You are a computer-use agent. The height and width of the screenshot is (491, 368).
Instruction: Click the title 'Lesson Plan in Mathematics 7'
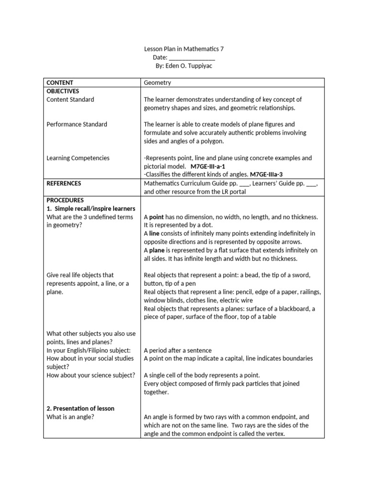coord(184,49)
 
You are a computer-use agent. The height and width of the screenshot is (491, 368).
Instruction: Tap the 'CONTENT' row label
coord(60,82)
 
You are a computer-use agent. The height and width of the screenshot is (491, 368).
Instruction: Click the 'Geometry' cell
coord(157,82)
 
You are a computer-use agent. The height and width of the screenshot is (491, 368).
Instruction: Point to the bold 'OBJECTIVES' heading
coord(63,91)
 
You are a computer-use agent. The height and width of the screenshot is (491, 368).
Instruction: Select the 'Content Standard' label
coord(70,99)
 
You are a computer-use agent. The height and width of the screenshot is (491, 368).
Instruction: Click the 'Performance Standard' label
coord(77,124)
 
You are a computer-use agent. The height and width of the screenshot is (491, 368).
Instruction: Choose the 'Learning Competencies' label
coord(78,158)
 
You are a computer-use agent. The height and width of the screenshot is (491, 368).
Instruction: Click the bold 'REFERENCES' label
coord(64,183)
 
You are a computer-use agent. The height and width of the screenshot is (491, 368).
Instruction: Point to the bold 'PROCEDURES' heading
coord(65,200)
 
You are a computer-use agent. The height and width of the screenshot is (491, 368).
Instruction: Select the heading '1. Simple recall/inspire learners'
coord(91,209)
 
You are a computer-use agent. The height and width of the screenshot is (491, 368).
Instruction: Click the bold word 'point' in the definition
coord(157,217)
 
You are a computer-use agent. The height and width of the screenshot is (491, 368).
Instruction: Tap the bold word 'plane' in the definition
coord(157,250)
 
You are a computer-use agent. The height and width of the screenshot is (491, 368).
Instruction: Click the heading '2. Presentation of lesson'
coord(80,409)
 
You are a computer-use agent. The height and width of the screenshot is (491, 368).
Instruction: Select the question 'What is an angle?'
coord(70,417)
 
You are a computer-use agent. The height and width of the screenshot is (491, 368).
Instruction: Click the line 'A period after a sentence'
coord(178,350)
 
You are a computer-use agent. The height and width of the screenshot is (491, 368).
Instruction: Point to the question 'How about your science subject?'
coord(91,375)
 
